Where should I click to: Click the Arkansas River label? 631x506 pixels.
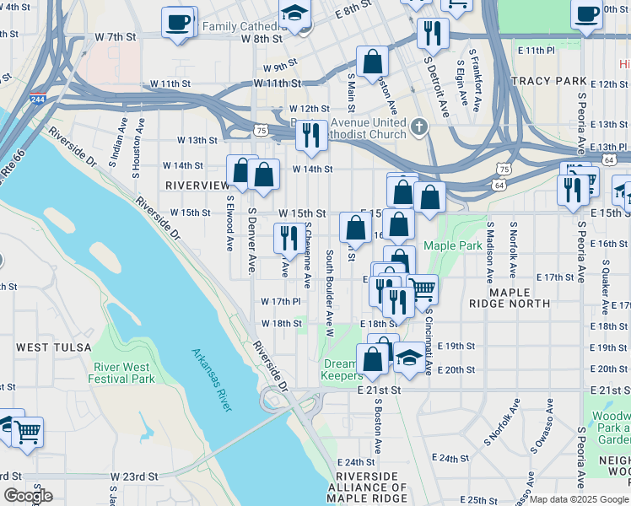tap(211, 380)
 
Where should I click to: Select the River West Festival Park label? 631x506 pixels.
tap(124, 373)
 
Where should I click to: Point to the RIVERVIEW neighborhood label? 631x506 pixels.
tap(197, 185)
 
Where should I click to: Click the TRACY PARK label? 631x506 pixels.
tap(547, 81)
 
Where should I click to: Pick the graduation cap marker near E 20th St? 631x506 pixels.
tap(409, 357)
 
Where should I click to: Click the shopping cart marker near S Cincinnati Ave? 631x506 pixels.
tap(422, 290)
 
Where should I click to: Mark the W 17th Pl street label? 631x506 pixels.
tap(281, 301)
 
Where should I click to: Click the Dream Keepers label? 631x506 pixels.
tap(342, 369)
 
